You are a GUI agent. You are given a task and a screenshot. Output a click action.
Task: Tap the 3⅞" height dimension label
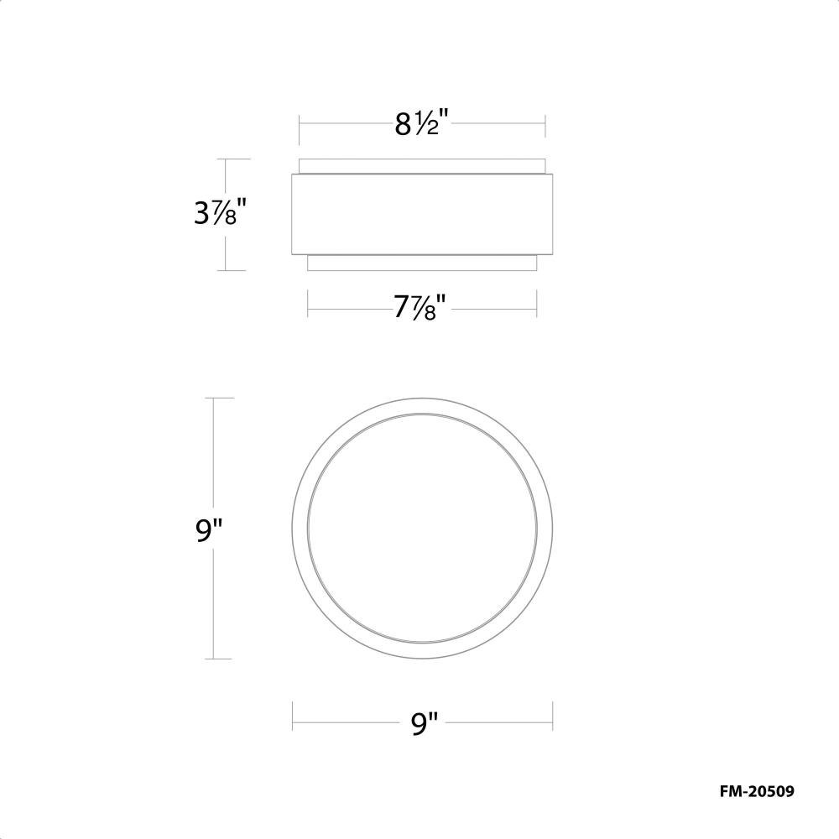click(x=221, y=212)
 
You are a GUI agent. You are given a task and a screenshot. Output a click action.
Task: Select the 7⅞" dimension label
click(x=422, y=308)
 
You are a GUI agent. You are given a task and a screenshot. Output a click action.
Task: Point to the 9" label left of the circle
click(x=208, y=529)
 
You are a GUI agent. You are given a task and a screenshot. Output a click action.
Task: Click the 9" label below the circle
click(x=425, y=723)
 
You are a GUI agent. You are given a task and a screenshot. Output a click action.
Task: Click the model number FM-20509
click(x=757, y=791)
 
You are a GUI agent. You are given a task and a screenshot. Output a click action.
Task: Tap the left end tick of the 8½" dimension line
click(x=300, y=129)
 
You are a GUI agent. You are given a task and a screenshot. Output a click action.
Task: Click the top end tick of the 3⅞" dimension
click(x=233, y=159)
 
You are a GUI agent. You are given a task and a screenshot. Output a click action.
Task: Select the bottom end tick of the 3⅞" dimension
click(x=232, y=270)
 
